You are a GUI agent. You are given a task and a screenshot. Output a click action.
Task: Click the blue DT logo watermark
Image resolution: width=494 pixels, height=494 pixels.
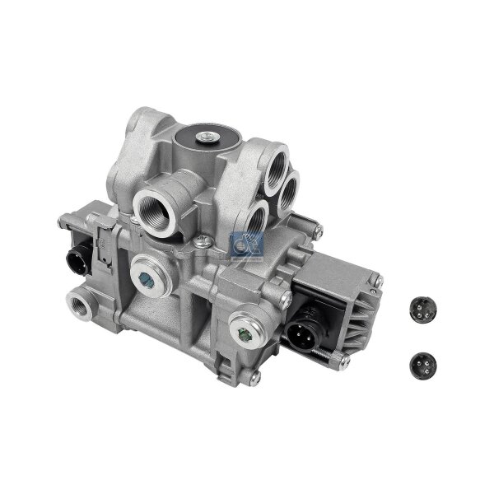243,245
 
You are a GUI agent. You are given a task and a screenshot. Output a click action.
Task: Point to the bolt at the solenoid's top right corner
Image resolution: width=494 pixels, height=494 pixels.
378,282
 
